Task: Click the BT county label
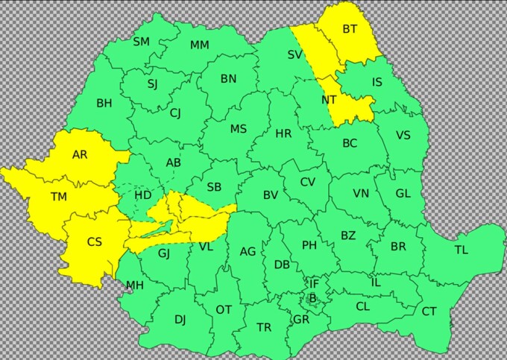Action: tap(350, 29)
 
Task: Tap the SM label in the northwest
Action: tap(141, 42)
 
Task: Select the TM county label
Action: tap(58, 197)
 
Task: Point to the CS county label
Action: tap(95, 241)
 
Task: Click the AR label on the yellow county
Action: tap(80, 155)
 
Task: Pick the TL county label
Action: tap(462, 250)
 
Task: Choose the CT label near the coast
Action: tap(429, 312)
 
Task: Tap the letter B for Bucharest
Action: tap(312, 299)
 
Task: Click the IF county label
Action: tap(314, 283)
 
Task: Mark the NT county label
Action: tap(329, 100)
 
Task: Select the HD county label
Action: tap(143, 195)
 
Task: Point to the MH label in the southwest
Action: tap(134, 285)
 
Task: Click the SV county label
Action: tap(295, 54)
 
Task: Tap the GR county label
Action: tap(301, 319)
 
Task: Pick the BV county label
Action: tap(271, 195)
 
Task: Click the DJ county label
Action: tap(180, 320)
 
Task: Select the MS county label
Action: tap(238, 129)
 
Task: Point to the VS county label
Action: tap(403, 135)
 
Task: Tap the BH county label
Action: tap(104, 104)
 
